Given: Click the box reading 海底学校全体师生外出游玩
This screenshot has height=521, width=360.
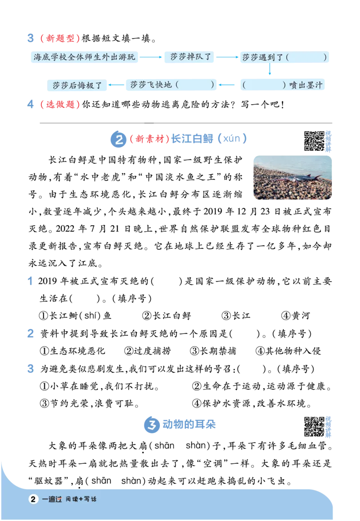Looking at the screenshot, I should tap(84, 57).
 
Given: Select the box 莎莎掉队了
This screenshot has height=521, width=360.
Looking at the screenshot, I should tap(189, 57).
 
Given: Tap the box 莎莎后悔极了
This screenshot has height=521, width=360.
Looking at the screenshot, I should tap(77, 85).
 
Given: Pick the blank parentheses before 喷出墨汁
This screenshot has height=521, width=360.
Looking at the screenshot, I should tap(264, 85).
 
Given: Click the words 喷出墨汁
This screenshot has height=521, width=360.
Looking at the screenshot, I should tap(306, 85).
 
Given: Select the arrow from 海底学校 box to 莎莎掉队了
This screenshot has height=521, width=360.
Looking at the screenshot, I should tap(151, 57).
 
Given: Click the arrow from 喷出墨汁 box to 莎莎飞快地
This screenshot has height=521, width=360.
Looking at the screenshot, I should tap(229, 85).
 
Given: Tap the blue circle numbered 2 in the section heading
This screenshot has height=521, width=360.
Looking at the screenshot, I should tap(118, 139).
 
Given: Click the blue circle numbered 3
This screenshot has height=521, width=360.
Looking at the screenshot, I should tap(152, 425).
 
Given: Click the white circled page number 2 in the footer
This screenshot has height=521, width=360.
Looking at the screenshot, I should tap(33, 499).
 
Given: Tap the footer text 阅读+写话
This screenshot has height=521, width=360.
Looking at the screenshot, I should tap(81, 499).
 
